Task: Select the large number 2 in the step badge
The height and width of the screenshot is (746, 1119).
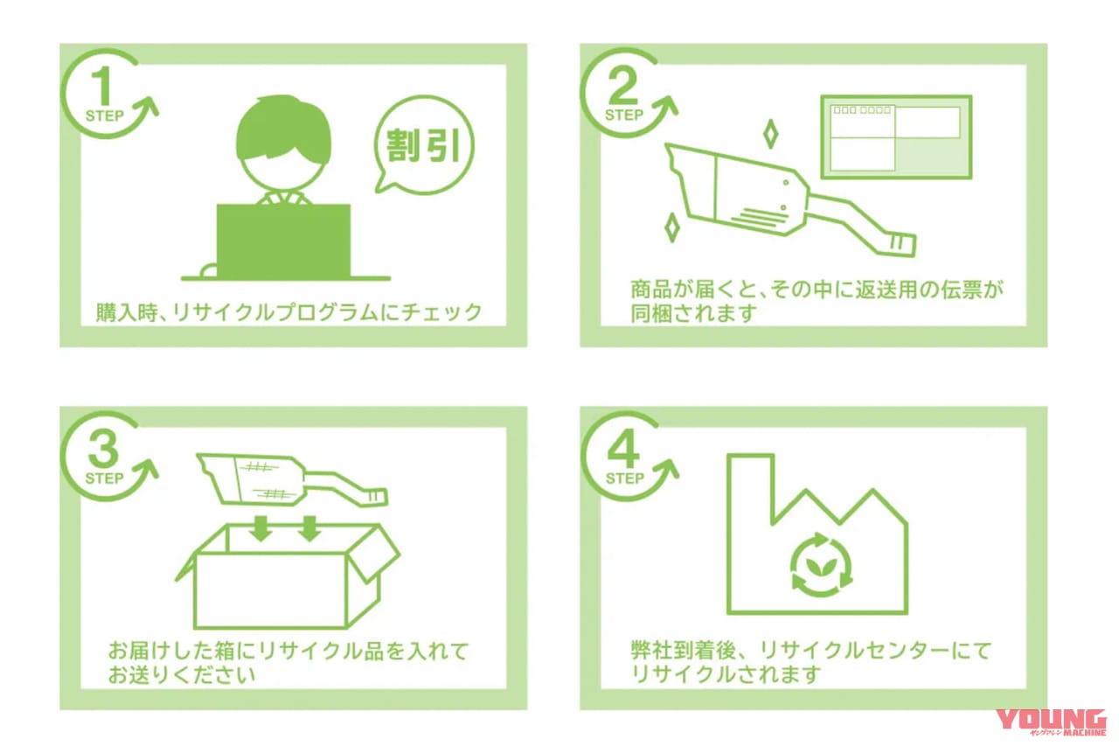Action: click(x=624, y=88)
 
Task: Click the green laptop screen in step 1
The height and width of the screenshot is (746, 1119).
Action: click(x=283, y=240)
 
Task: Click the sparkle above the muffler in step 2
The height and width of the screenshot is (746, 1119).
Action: click(x=770, y=135)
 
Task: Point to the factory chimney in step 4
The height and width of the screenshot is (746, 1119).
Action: click(x=749, y=490)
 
